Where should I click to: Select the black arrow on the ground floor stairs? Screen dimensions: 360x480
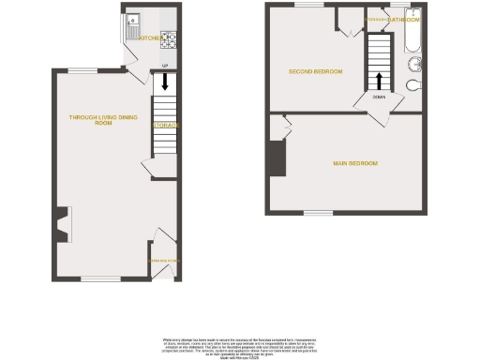(165, 82)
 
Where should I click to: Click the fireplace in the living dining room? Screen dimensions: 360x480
(61, 225)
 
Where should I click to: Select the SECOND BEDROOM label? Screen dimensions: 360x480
(315, 72)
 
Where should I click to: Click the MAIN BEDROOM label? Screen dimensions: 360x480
(355, 164)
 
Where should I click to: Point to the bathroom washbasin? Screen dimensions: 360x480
(414, 65)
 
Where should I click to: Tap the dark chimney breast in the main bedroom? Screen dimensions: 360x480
(277, 157)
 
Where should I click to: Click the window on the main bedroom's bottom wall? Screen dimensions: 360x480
(317, 213)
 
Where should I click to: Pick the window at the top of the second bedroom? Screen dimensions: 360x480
(308, 7)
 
